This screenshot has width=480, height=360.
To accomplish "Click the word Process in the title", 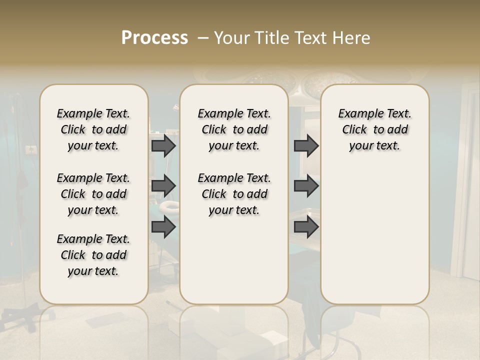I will (154, 38).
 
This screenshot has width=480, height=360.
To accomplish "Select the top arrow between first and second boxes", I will (163, 145).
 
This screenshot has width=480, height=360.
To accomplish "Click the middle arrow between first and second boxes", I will (163, 185).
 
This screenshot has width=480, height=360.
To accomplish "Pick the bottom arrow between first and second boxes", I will (163, 227).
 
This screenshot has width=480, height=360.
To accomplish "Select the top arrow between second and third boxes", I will (306, 145).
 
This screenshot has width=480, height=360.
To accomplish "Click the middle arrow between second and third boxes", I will (306, 185).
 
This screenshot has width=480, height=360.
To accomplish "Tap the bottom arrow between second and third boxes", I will (306, 227).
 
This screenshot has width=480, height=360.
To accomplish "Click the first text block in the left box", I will (93, 129).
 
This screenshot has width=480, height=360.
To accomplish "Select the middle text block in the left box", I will (93, 194).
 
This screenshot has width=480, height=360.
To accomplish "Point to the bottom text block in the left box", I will (93, 255).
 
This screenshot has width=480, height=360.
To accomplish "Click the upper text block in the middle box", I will (234, 129).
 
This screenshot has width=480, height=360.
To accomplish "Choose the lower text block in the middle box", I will (234, 194).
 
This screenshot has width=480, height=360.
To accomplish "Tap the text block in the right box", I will (375, 129).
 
